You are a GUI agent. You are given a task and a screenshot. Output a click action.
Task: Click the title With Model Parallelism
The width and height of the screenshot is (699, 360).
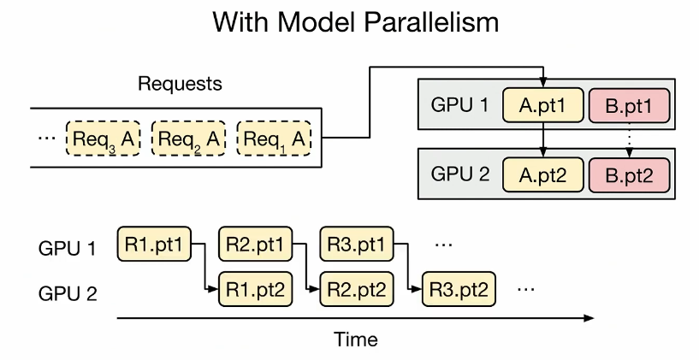[355, 21]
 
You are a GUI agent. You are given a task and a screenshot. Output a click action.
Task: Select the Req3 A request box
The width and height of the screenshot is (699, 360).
[104, 139]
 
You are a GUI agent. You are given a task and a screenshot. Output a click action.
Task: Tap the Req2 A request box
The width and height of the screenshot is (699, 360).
[188, 139]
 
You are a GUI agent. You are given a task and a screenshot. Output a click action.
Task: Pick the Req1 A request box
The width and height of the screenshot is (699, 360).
[274, 139]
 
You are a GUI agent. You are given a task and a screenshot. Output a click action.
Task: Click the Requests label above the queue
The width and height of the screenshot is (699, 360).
[180, 83]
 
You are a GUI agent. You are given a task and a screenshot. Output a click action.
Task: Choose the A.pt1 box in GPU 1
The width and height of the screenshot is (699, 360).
[543, 105]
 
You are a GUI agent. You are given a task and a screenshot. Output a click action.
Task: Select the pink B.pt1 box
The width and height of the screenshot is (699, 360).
[629, 105]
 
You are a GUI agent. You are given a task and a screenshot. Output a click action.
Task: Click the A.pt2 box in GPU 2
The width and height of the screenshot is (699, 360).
[543, 175]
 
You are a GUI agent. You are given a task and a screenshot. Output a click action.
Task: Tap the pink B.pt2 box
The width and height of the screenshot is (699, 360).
[629, 175]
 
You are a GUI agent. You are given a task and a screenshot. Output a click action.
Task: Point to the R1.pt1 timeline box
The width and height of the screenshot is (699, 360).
[154, 244]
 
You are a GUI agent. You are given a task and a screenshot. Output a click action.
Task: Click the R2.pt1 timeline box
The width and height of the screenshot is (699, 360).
[256, 244]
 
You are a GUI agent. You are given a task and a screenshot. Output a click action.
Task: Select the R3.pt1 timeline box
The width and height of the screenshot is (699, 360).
[357, 244]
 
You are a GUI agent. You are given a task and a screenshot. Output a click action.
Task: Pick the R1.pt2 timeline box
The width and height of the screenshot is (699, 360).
[256, 289]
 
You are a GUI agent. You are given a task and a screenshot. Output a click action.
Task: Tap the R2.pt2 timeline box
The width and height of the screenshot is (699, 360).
[357, 289]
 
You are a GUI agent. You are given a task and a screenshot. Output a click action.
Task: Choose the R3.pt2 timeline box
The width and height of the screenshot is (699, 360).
[459, 289]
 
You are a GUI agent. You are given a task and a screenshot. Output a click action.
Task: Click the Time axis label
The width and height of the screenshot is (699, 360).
[356, 339]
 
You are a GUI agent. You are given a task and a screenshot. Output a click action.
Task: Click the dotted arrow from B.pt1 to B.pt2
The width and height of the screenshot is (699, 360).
[629, 140]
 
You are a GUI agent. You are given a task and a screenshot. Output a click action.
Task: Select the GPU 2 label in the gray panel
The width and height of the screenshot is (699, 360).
[460, 174]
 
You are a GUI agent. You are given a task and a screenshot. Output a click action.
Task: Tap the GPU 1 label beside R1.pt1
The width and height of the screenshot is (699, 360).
[68, 248]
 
